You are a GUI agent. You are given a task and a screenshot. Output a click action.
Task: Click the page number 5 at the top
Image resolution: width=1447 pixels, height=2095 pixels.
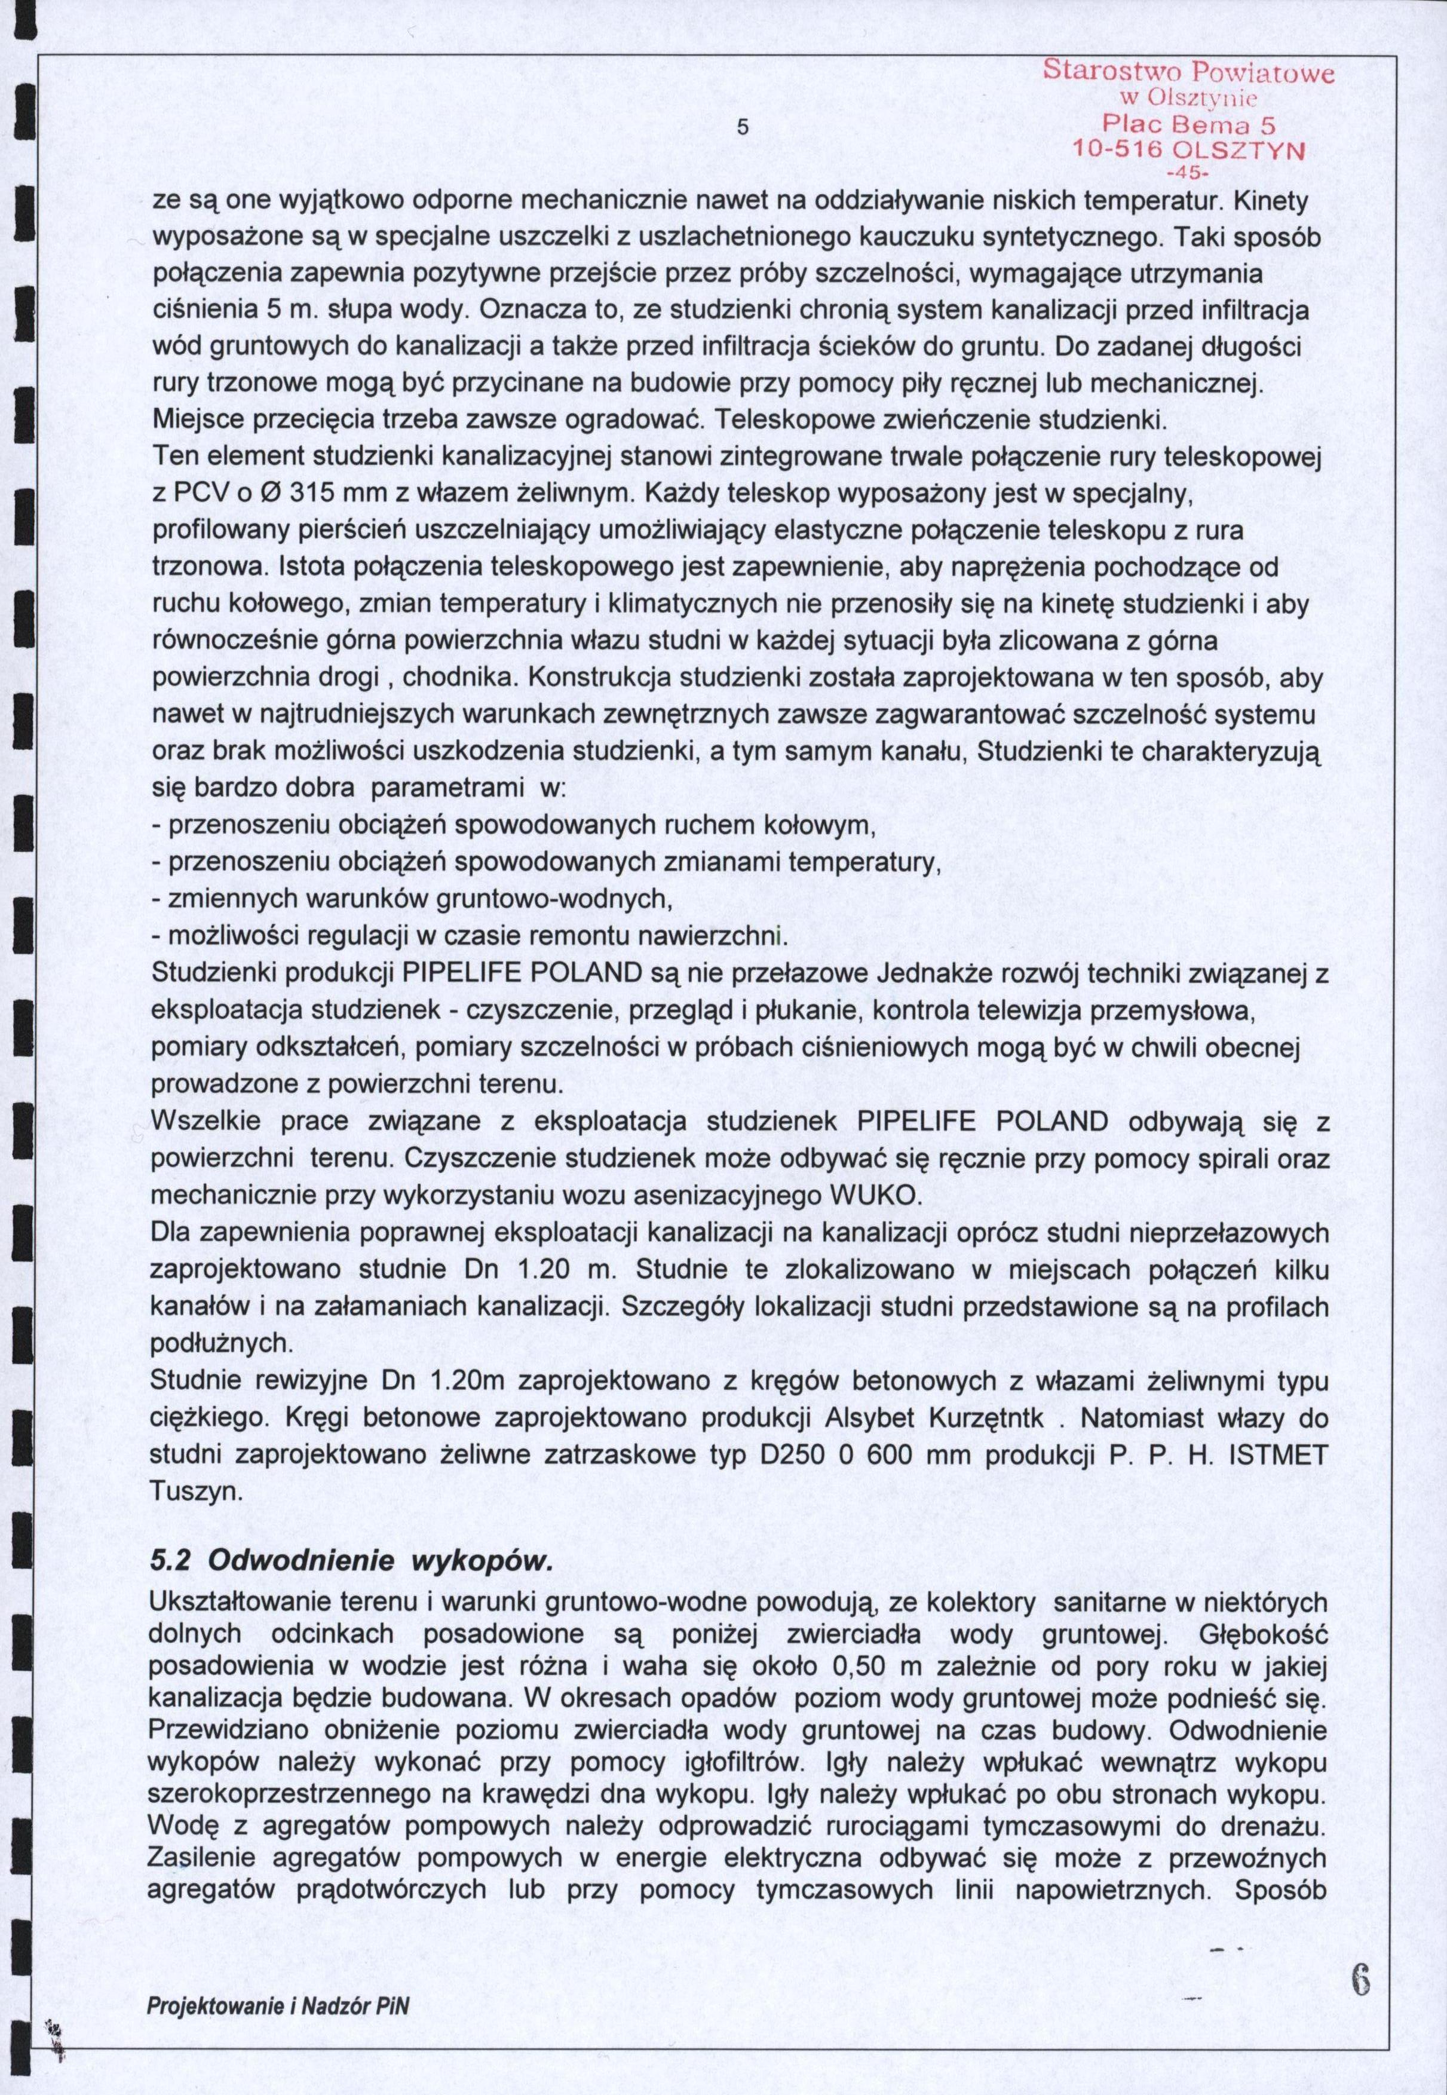click(x=741, y=127)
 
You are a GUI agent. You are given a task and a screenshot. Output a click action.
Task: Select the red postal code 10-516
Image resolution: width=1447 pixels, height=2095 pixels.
click(x=1117, y=149)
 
